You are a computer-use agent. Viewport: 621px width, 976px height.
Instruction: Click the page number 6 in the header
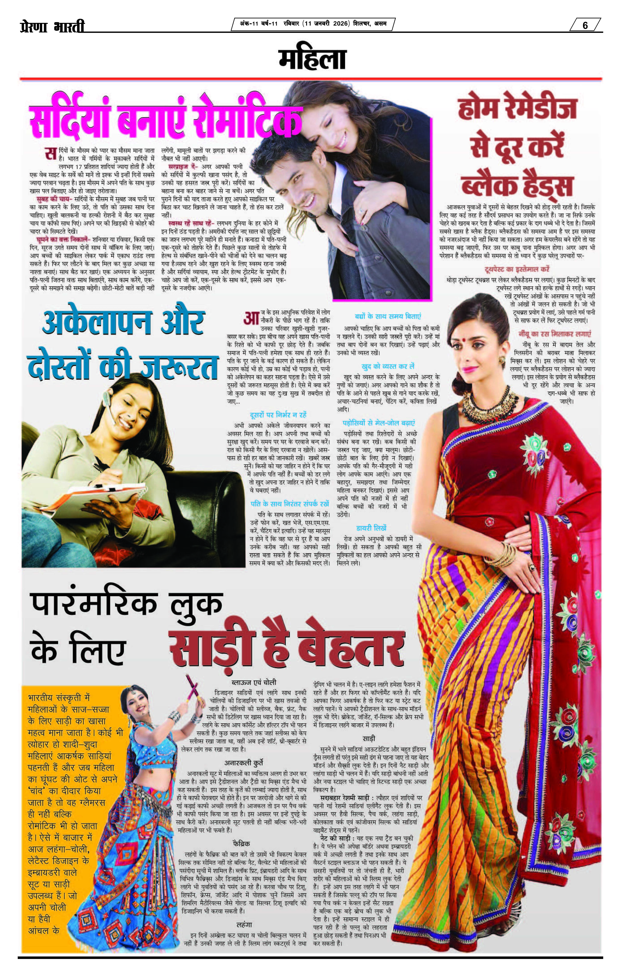pyautogui.click(x=585, y=25)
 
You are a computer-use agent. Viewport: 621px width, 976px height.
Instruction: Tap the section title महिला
pyautogui.click(x=312, y=60)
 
